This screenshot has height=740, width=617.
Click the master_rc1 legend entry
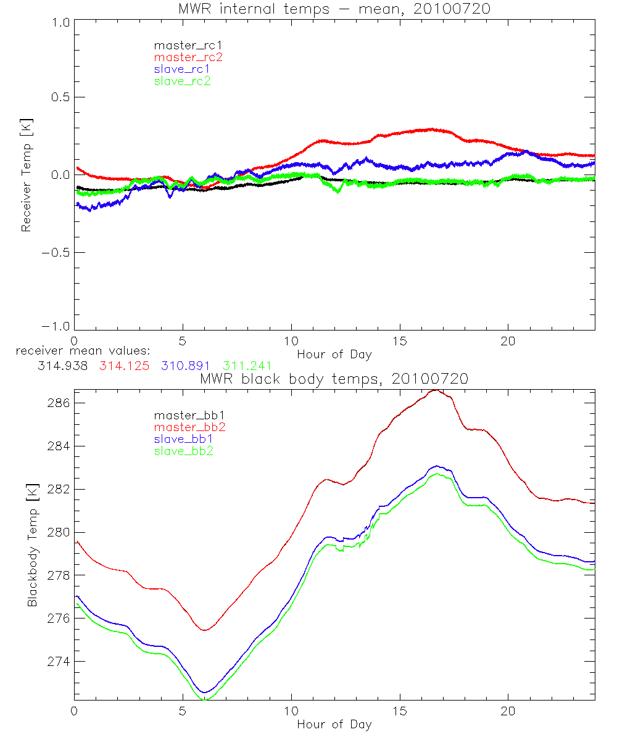click(x=182, y=45)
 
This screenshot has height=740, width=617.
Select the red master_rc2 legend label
click(x=188, y=57)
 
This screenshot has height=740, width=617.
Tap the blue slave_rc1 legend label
click(x=182, y=69)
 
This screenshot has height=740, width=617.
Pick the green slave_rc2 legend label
click(x=182, y=81)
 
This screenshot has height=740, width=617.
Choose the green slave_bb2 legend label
click(x=185, y=451)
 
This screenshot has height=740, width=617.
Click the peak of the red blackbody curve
click(x=436, y=390)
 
